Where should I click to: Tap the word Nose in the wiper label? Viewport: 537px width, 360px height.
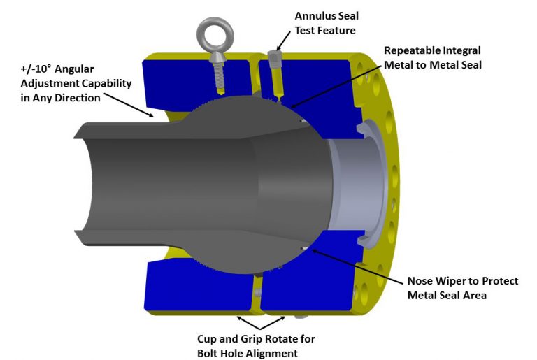point(422,281)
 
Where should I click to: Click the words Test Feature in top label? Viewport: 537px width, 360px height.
point(324,30)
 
